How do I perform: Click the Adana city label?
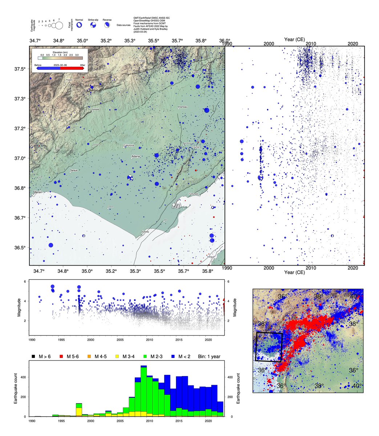[x=135, y=157]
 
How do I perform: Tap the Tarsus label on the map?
[x=73, y=170]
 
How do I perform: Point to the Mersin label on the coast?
[x=38, y=191]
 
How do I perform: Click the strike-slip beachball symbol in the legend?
[x=93, y=25]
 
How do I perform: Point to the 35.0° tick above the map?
[x=82, y=40]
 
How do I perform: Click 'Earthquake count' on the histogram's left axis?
[x=15, y=389]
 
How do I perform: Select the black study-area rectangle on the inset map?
[x=269, y=347]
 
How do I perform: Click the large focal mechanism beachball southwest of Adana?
[x=130, y=178]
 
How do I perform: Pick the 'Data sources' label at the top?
[x=124, y=25]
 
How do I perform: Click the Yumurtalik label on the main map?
[x=194, y=194]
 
